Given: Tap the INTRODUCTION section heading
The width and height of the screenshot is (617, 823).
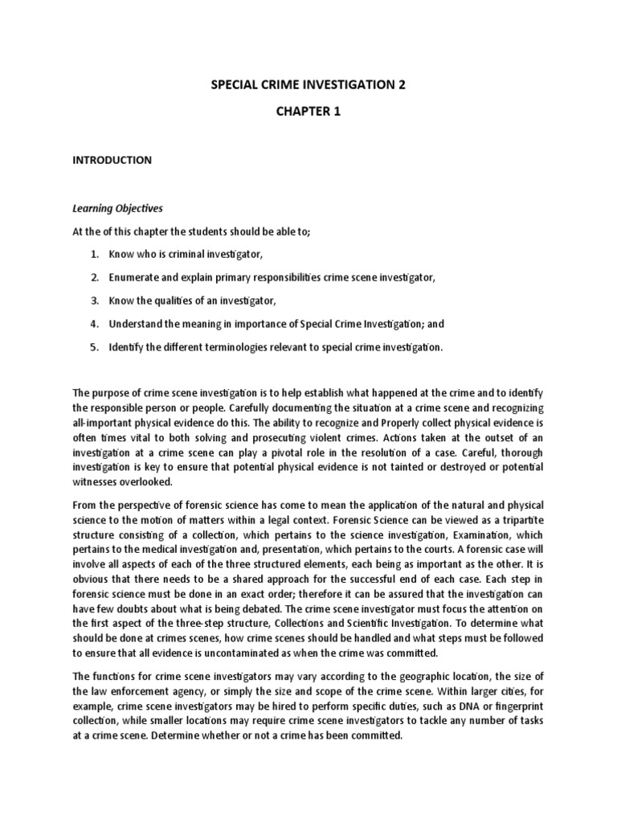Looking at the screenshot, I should pyautogui.click(x=112, y=160).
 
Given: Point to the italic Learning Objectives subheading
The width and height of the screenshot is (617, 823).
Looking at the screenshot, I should pyautogui.click(x=117, y=208).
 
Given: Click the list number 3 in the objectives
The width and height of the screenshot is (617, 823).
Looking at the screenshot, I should pyautogui.click(x=94, y=301).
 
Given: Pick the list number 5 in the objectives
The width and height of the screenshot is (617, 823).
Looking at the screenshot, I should pyautogui.click(x=94, y=347).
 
